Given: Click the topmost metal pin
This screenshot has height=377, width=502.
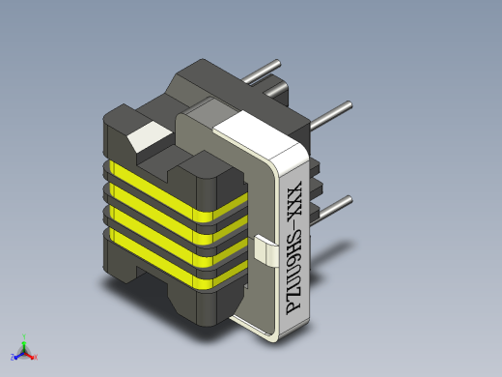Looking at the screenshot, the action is (x=262, y=72).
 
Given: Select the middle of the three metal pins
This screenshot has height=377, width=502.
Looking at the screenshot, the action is (x=331, y=115).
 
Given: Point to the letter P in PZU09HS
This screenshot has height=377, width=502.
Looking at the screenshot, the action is (x=293, y=307).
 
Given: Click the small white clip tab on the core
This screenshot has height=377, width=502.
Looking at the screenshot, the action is (x=266, y=250).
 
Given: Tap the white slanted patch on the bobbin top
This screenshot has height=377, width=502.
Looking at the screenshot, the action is (x=149, y=136).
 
